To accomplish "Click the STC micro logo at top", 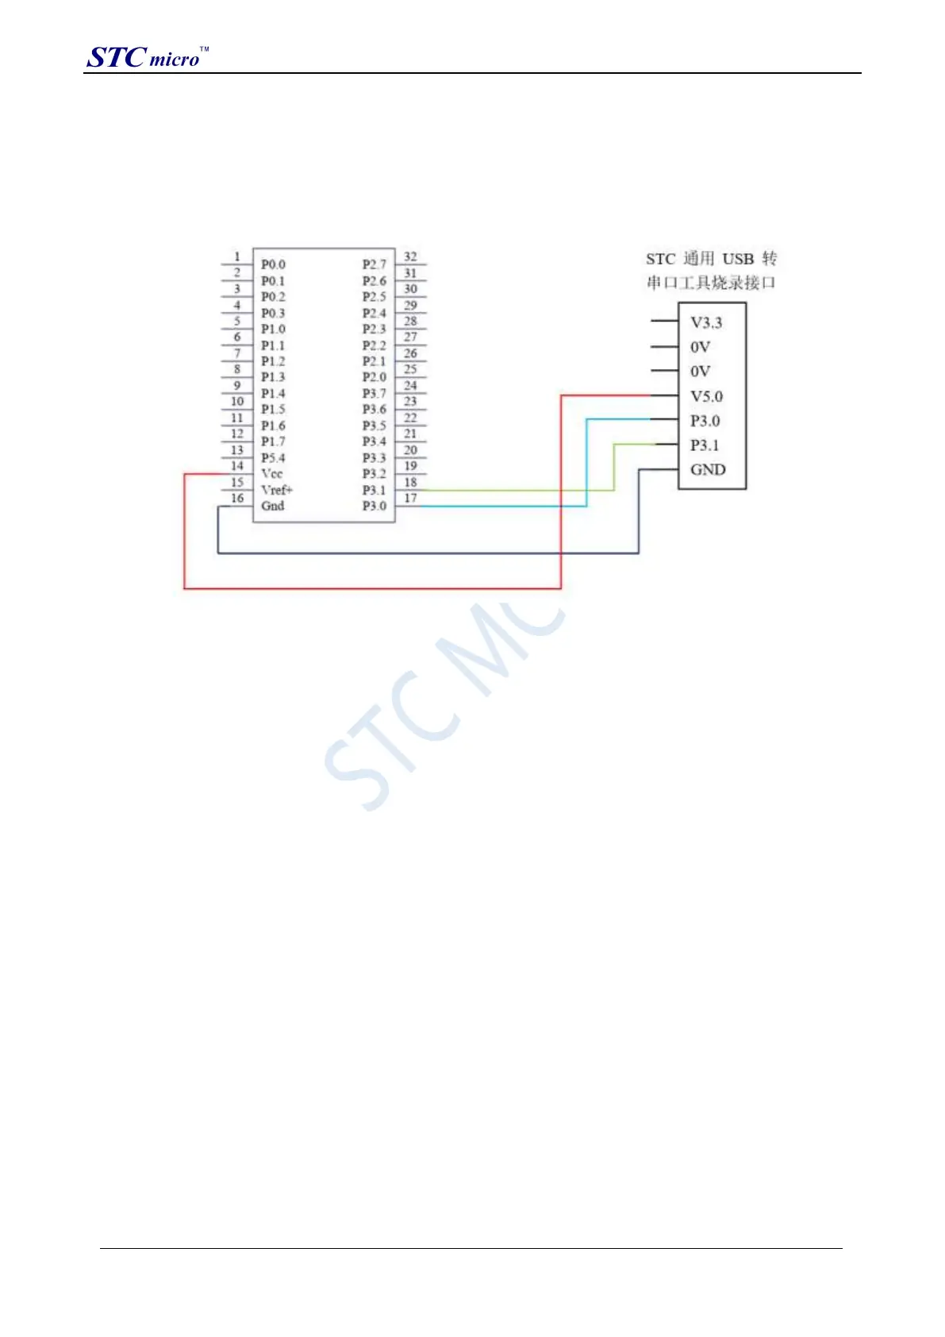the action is pos(147,57).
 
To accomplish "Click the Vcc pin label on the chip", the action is pos(272,473).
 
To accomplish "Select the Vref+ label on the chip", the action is pos(277,490).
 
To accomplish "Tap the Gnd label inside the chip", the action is pos(273,506).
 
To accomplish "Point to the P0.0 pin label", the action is pos(273,264).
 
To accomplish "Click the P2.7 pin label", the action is pos(375,264).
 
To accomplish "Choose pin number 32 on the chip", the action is pos(410,256).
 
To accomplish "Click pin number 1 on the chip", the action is pos(236,256).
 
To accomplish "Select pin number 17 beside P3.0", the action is pos(410,498).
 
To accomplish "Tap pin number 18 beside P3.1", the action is pos(410,482).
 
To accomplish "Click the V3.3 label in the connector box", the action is pos(706,322).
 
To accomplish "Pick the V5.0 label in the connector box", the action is pos(706,396).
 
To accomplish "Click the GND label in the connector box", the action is pos(708,469).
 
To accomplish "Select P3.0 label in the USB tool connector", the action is pos(705,421).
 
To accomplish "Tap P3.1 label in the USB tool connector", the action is pos(705,445).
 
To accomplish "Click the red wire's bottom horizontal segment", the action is pos(373,588).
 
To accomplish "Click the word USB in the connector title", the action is pos(737,259).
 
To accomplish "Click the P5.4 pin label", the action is pos(273,458).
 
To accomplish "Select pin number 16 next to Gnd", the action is pos(237,498).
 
